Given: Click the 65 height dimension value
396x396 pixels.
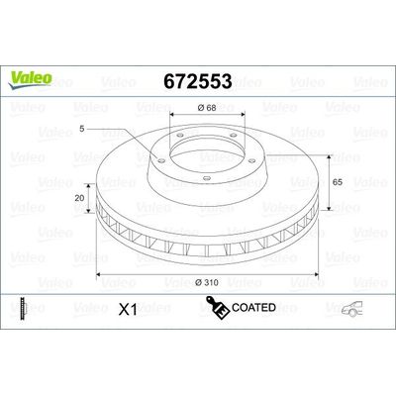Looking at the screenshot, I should pyautogui.click(x=337, y=182).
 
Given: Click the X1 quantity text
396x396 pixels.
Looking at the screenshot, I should pyautogui.click(x=127, y=309).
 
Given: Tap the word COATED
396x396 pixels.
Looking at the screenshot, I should pyautogui.click(x=255, y=309).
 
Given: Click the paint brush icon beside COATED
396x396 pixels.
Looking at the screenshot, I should pyautogui.click(x=220, y=309).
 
